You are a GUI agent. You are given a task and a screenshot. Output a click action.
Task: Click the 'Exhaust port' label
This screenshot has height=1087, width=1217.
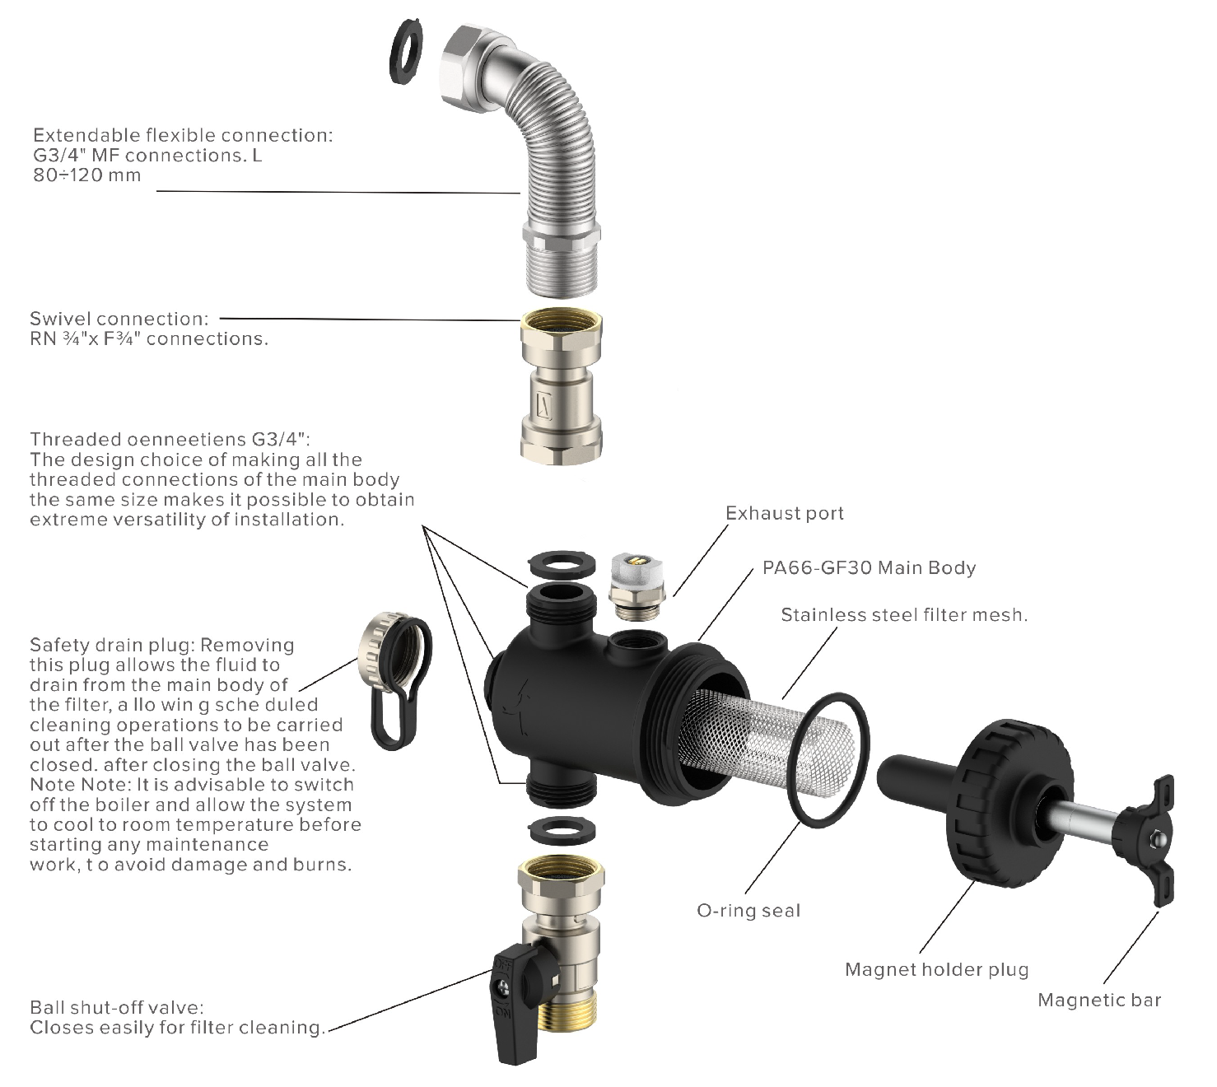tap(784, 514)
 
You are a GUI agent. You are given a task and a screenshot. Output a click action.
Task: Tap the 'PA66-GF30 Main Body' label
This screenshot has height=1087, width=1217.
tap(869, 568)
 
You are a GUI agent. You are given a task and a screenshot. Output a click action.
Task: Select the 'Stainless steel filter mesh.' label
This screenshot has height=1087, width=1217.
tap(904, 615)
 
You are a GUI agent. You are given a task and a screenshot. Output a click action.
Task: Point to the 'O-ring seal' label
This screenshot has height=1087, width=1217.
tap(748, 911)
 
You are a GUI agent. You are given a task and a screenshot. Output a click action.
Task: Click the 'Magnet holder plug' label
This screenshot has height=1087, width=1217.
tap(937, 970)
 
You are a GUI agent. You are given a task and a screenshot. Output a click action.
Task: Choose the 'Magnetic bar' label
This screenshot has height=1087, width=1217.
tap(1099, 1001)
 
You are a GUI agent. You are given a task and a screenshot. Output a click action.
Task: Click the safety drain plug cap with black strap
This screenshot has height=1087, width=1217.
tap(393, 675)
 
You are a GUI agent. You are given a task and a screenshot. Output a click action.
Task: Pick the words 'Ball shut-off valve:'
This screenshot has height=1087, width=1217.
tap(116, 1008)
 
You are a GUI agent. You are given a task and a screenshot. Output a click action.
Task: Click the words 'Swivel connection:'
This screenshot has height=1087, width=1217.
tap(119, 319)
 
